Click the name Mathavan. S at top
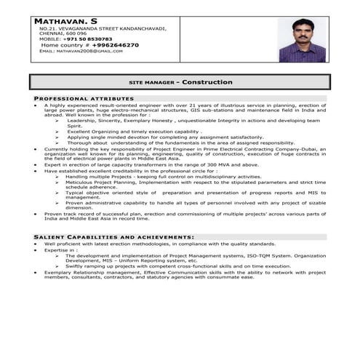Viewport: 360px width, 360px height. click(x=67, y=21)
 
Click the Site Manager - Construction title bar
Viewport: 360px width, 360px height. click(x=180, y=82)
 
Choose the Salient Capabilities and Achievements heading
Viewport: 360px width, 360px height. click(x=114, y=237)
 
